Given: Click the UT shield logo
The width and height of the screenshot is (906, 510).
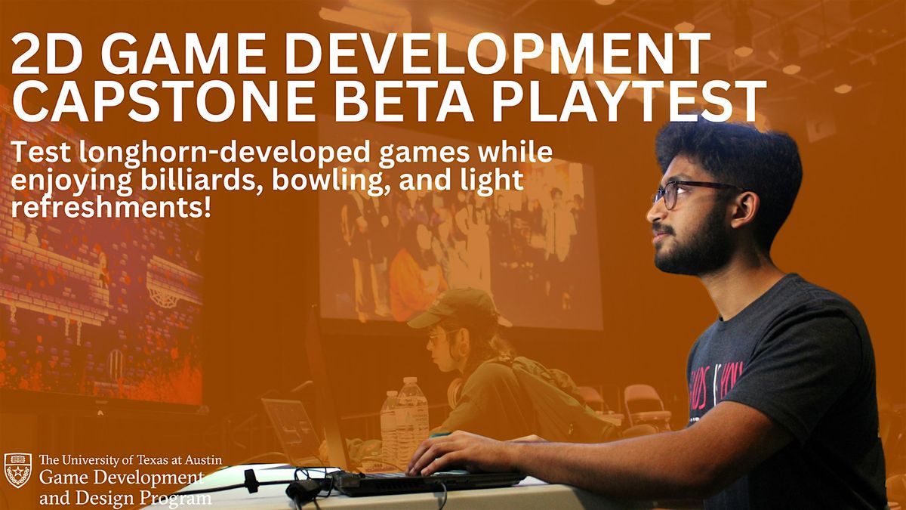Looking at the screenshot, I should click(17, 470).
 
